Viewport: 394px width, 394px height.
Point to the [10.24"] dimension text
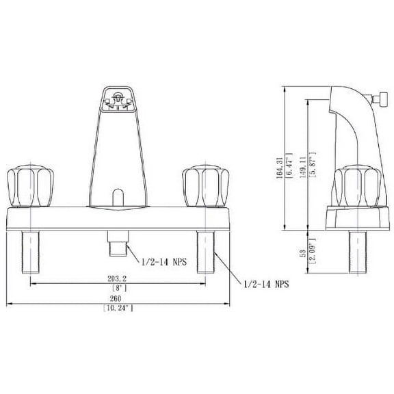point(116,309)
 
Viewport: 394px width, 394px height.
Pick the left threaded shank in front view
point(32,251)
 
